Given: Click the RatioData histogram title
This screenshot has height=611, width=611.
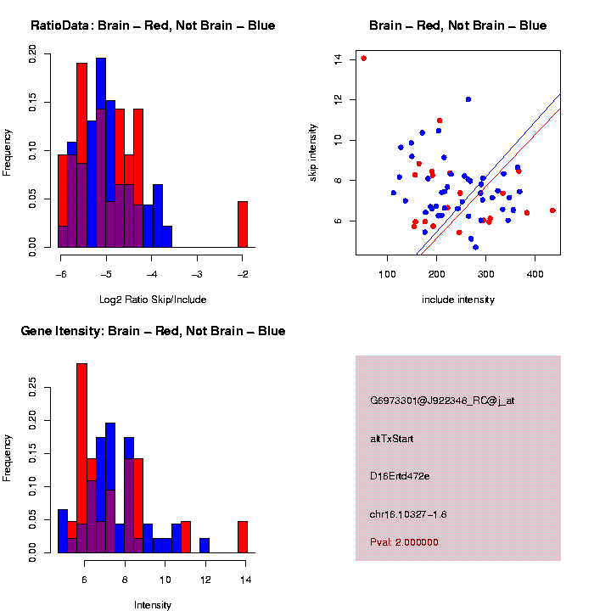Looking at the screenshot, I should coord(153,25).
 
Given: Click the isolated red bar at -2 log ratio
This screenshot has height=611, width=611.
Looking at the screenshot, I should coord(242,224).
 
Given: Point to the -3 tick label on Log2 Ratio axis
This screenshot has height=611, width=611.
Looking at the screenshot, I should coord(196,274).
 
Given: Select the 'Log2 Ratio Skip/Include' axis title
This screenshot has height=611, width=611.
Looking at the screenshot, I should coord(153,300).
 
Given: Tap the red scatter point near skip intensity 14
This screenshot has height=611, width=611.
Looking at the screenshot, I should coord(363,59).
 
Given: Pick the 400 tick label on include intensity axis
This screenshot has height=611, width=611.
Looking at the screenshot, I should coord(535,273).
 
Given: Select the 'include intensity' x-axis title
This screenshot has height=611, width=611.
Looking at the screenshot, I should coord(458,300).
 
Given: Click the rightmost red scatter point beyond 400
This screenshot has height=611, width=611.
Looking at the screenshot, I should coord(552,210).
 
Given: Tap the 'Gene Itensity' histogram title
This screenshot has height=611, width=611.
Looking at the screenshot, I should coord(153,331).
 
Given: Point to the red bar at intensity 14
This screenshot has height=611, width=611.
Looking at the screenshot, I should coord(242,537).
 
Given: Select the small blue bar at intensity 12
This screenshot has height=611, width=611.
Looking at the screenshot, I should coord(205,546).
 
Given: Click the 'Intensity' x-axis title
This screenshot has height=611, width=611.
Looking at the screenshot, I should coord(153,605).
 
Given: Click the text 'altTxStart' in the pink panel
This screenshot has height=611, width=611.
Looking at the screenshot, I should coord(391,439).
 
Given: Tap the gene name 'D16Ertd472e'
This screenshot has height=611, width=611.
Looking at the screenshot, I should coord(400,476).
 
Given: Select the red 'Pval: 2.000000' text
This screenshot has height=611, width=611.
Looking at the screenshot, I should coord(404,542).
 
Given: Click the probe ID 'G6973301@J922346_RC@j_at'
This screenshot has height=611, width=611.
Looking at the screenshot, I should coord(442,401).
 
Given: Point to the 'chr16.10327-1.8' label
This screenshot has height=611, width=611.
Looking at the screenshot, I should coord(408,514).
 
